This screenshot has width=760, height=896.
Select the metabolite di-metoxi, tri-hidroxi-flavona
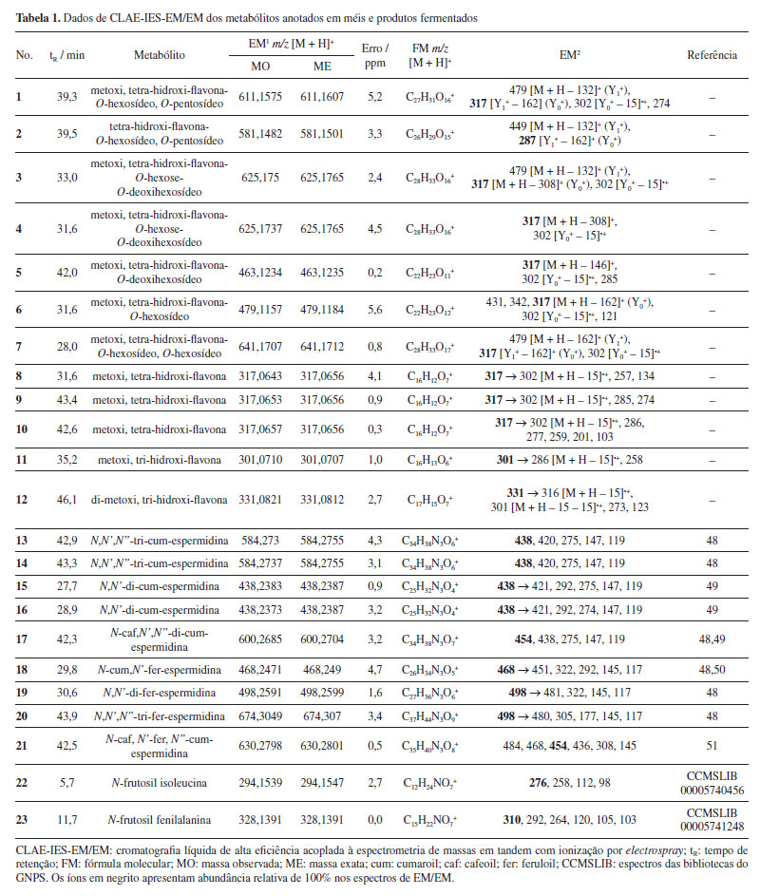(x=160, y=499)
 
